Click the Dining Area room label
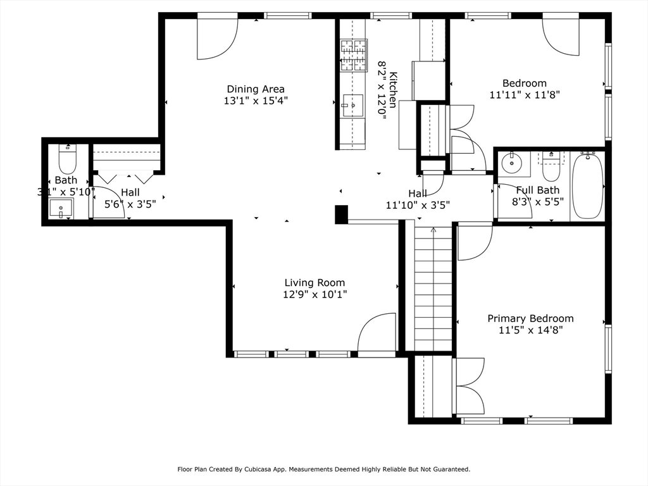point(256,89)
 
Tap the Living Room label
point(315,283)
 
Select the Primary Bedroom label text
point(531,319)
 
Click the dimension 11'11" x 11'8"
point(525,95)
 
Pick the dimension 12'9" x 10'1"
point(315,295)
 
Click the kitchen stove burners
point(354,55)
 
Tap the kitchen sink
point(353,106)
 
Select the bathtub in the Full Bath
point(588,185)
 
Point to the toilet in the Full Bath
point(551,166)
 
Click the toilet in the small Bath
point(67,159)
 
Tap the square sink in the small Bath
point(61,208)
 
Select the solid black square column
point(341,215)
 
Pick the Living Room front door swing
point(377,333)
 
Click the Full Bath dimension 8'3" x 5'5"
point(538,202)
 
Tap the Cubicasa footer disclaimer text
point(324,469)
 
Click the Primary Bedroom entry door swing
point(475,242)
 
